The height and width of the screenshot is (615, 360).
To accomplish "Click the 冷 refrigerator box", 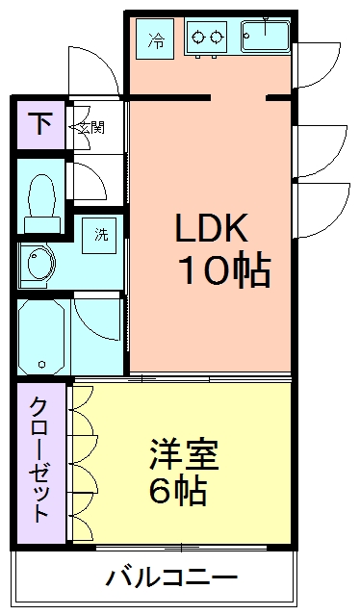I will coord(156,39).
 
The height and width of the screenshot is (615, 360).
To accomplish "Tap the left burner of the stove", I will coord(198,38).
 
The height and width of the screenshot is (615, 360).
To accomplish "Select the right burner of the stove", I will coord(217,38).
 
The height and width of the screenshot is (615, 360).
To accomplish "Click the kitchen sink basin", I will coord(265,39).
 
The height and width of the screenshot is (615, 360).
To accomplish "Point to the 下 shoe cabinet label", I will coord(39,123).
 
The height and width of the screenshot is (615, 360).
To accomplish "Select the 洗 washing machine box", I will coord(101,234).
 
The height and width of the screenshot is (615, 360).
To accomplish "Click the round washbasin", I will coord(39,263).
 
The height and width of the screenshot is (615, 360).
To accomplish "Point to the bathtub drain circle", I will coord(41,365).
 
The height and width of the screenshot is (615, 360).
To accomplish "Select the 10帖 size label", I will coord(222,271).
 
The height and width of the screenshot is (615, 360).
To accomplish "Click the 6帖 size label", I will coord(178,492).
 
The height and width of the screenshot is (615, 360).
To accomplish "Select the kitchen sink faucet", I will coord(265,21).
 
